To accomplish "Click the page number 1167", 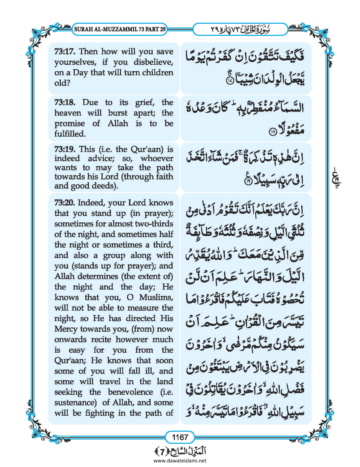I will [x=180, y=437].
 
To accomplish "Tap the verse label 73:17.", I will [x=65, y=52].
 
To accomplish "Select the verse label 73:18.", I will [x=65, y=102].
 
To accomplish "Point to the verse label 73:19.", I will [x=65, y=149].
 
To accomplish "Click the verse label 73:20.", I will [x=65, y=203].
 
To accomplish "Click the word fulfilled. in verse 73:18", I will [x=70, y=134].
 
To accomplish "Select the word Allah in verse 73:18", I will [x=118, y=123].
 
